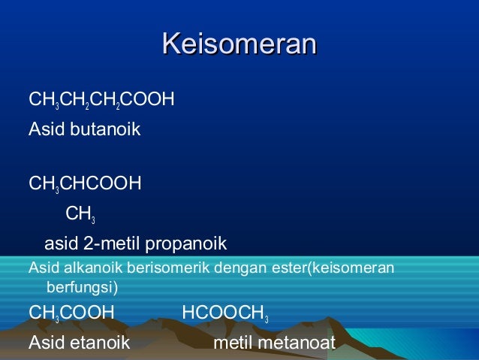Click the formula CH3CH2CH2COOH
point(101,98)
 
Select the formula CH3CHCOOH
point(85,183)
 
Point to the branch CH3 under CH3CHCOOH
point(80,215)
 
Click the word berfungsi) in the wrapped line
point(82,286)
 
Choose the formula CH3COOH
point(71,313)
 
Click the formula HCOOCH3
point(224,313)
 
